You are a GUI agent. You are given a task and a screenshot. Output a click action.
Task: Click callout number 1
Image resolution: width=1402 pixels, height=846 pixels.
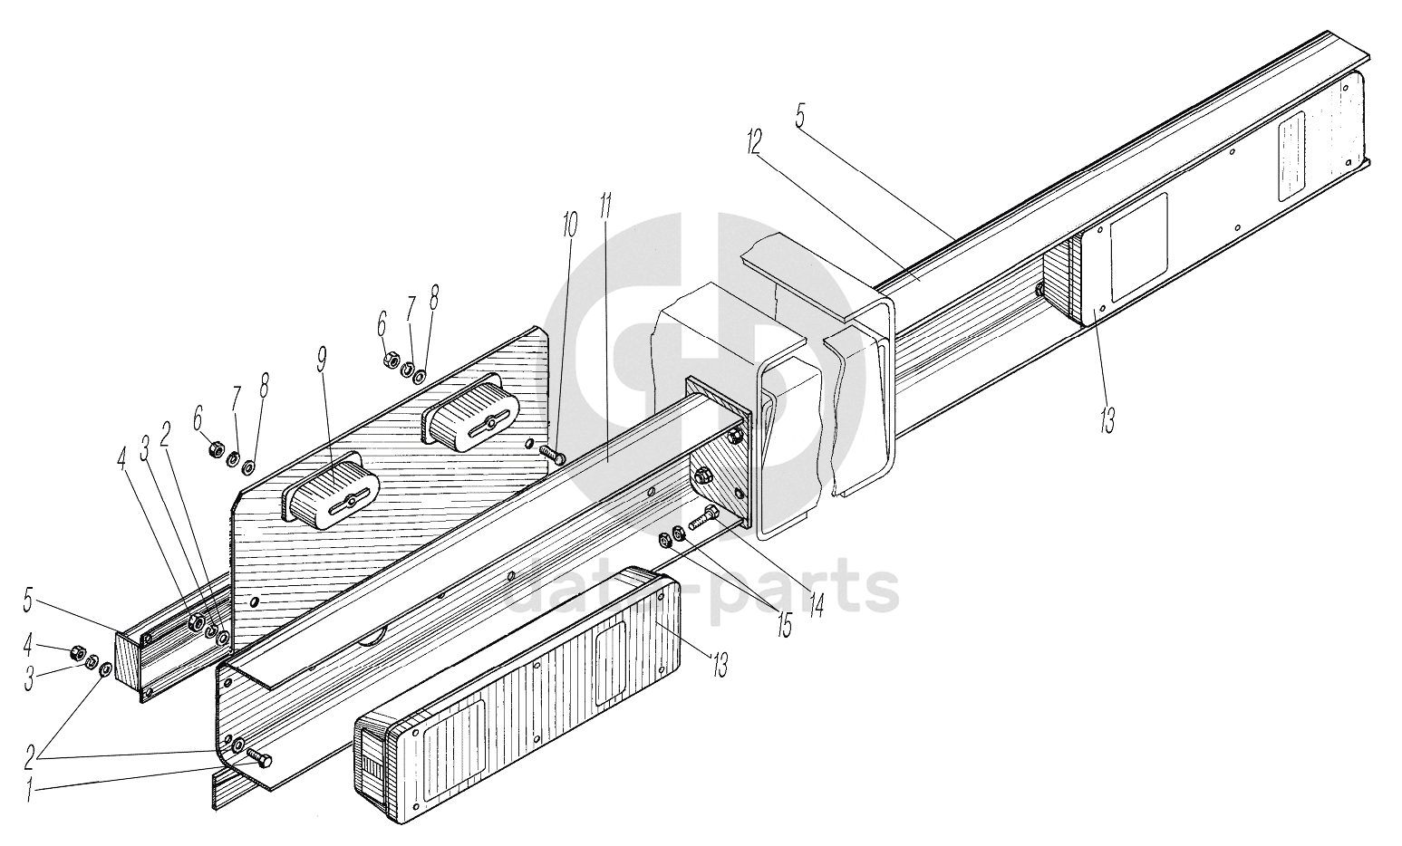30,791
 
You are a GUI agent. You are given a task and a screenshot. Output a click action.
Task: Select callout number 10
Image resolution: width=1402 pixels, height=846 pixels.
568,226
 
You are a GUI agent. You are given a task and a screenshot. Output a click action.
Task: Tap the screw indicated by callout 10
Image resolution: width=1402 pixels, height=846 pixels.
551,454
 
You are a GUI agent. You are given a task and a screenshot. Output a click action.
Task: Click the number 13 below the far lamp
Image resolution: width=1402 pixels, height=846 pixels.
1106,418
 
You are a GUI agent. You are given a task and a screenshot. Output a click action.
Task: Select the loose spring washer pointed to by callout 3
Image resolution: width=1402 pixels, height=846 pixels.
92,663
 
